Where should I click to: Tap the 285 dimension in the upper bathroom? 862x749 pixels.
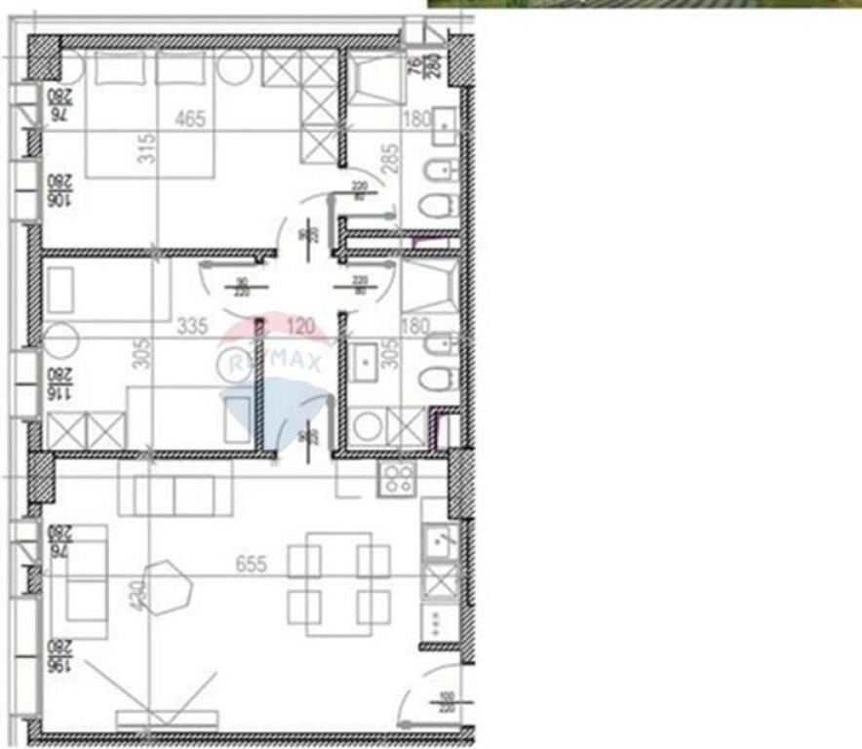(390, 156)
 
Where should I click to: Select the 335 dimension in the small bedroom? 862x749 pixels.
(193, 327)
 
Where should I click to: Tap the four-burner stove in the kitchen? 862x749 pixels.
(397, 477)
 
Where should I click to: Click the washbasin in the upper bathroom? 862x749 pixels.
(443, 125)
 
